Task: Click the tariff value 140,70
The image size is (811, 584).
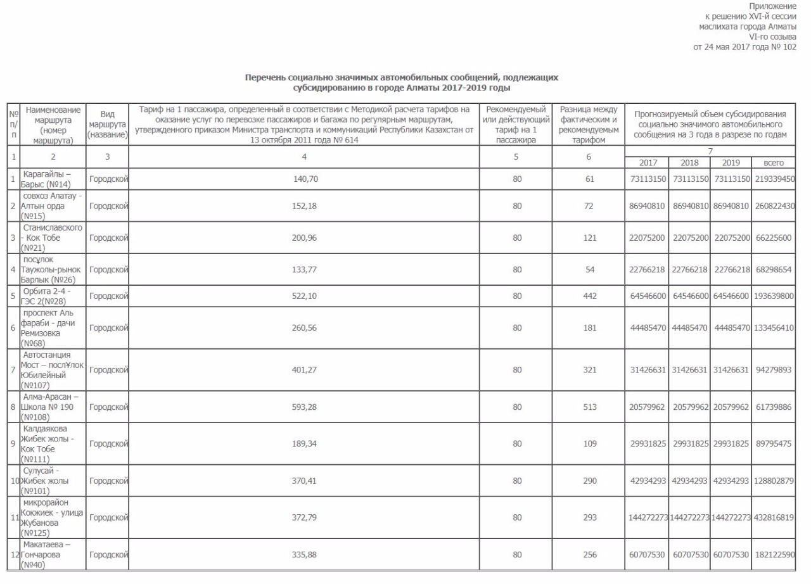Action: [x=304, y=179]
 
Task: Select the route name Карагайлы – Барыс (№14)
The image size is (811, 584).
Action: [x=51, y=179]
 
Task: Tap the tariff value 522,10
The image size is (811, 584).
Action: [x=304, y=296]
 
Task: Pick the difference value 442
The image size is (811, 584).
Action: [x=589, y=296]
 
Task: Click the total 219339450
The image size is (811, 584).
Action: [x=774, y=179]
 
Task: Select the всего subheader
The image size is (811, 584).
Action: [x=774, y=163]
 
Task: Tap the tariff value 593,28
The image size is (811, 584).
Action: [x=304, y=407]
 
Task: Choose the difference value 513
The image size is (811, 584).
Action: [x=589, y=407]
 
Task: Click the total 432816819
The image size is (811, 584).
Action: [x=774, y=517]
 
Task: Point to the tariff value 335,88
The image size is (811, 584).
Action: [x=304, y=555]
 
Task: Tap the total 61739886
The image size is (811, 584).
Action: [x=774, y=407]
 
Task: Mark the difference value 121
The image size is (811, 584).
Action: [x=589, y=238]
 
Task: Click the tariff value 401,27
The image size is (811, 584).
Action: [x=304, y=370]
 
